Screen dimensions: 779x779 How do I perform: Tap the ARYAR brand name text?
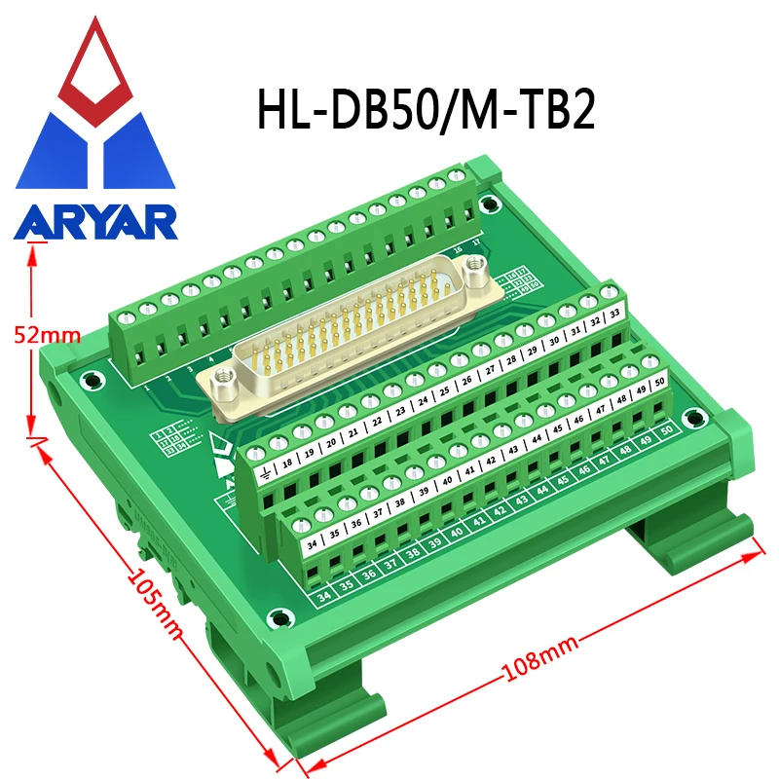(x=94, y=223)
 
